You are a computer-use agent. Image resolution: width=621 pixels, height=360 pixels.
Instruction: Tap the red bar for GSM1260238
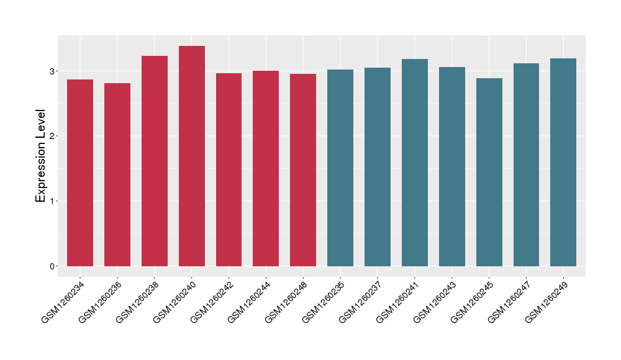coord(155,161)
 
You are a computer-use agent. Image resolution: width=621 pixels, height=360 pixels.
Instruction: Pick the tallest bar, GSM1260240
coord(192,156)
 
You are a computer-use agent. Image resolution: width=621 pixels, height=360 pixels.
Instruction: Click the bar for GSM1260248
coord(303,170)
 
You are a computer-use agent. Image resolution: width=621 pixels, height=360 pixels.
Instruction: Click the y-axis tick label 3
coord(53,71)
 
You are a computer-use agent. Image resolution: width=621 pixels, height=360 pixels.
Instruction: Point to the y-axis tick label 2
coord(53,136)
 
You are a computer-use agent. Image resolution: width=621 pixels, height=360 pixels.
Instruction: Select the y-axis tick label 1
coord(53,201)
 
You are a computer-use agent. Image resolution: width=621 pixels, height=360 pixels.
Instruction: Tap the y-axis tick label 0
coord(53,266)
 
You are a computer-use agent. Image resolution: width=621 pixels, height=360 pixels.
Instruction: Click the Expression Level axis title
coord(41,156)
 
